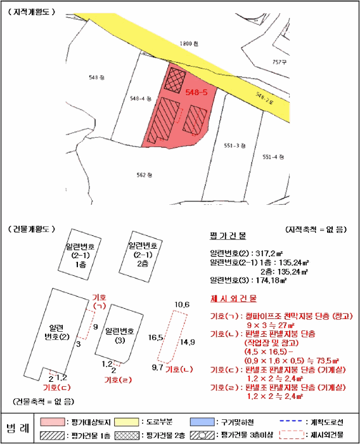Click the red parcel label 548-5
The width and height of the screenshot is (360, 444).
pyautogui.click(x=196, y=92)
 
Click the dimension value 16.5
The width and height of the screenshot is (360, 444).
pyautogui.click(x=156, y=338)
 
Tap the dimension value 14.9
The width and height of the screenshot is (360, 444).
pyautogui.click(x=187, y=343)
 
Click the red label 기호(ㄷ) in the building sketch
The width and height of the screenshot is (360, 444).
pyautogui.click(x=55, y=387)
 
